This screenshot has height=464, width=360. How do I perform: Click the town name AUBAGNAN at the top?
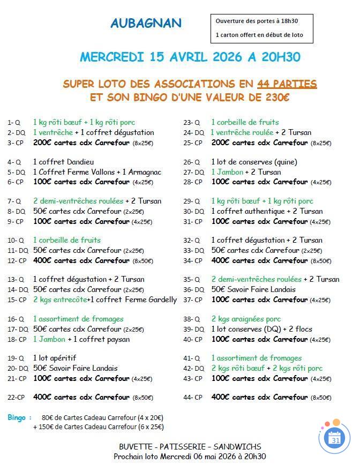pos(146,23)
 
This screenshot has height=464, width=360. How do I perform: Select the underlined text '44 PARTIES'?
pos(287,84)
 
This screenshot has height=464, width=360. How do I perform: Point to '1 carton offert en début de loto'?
pos(259,35)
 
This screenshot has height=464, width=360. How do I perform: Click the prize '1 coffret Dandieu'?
pos(63,162)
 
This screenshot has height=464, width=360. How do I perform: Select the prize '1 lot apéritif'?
pos(55,358)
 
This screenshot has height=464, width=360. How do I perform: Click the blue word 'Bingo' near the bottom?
pos(17,417)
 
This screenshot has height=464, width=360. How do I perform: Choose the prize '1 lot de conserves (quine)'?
pos(254,162)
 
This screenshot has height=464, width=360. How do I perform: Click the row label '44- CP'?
pos(193,398)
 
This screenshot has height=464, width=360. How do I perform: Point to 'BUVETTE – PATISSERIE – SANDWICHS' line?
pos(190,446)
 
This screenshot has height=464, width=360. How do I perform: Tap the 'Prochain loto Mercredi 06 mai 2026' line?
pos(190,456)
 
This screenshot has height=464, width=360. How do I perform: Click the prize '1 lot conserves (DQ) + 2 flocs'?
pos(261,329)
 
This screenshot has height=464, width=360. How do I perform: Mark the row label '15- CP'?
pos(17,300)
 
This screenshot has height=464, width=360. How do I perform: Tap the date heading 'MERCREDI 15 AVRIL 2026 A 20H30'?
pos(190,57)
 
